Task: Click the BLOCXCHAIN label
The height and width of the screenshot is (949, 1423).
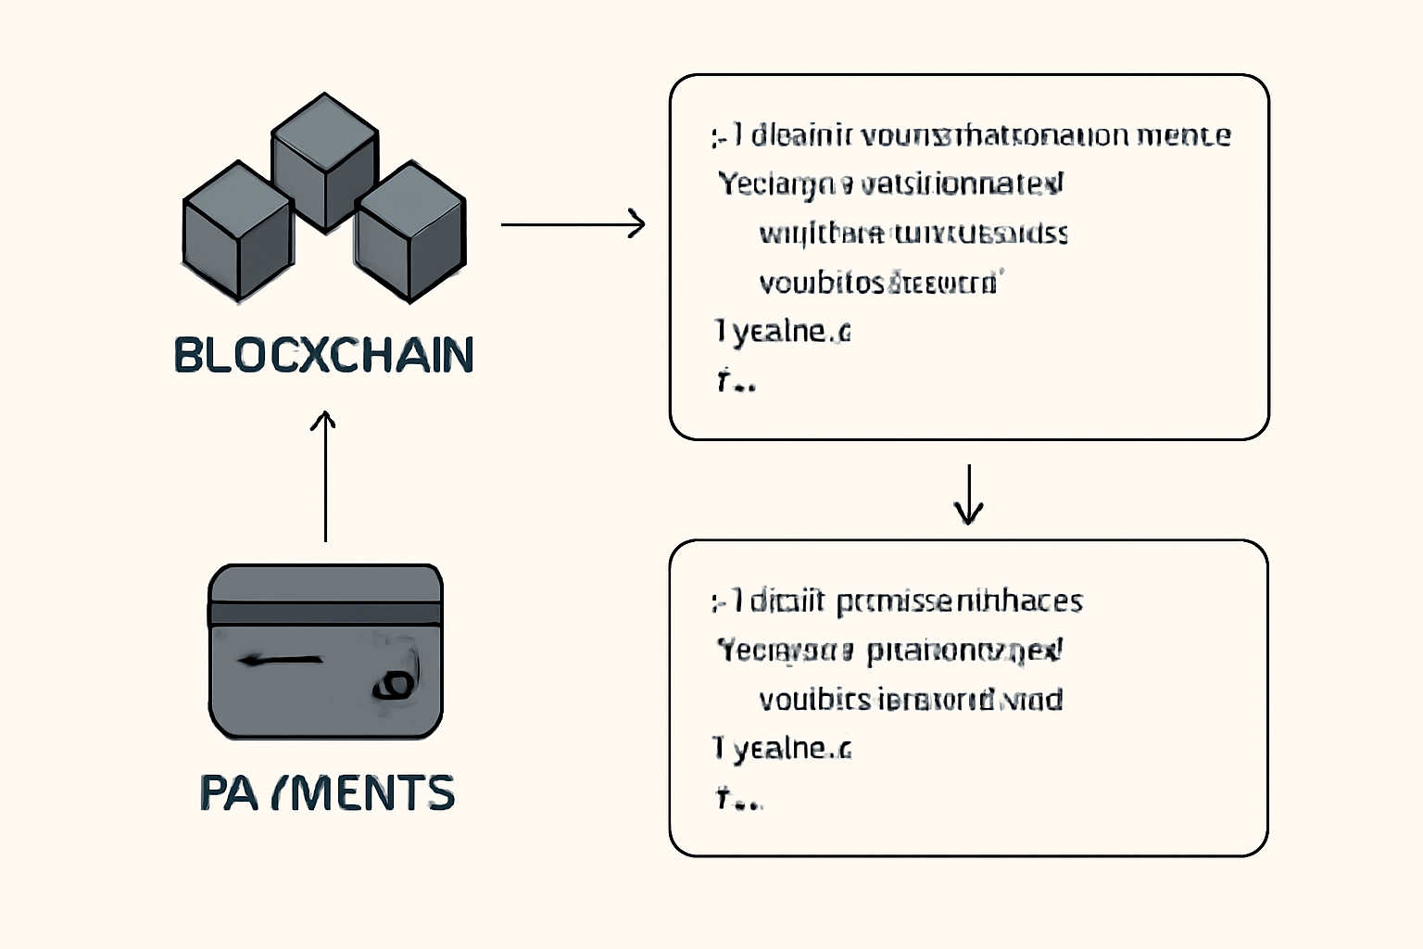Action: [x=323, y=355]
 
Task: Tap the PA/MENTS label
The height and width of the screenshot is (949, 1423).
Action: [x=327, y=793]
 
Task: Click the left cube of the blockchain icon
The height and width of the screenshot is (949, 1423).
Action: [x=238, y=231]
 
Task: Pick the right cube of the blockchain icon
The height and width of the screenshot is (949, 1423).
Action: [x=410, y=231]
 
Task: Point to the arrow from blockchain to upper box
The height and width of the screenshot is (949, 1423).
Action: [x=573, y=223]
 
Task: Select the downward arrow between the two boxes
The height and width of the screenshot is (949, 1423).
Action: [x=968, y=495]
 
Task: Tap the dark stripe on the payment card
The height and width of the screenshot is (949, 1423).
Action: [x=325, y=613]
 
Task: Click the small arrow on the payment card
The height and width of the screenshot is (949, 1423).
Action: [x=280, y=661]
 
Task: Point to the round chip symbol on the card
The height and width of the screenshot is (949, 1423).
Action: [x=394, y=685]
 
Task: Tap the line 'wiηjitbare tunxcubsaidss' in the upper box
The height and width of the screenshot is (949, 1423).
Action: [x=913, y=233]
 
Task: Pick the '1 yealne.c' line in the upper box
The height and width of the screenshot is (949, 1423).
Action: [x=782, y=331]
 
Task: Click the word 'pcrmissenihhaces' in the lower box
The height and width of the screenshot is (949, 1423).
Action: [x=959, y=601]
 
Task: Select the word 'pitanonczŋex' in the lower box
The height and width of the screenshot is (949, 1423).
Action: [x=964, y=651]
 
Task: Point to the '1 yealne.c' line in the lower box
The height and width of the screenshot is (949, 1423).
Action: [x=782, y=748]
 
